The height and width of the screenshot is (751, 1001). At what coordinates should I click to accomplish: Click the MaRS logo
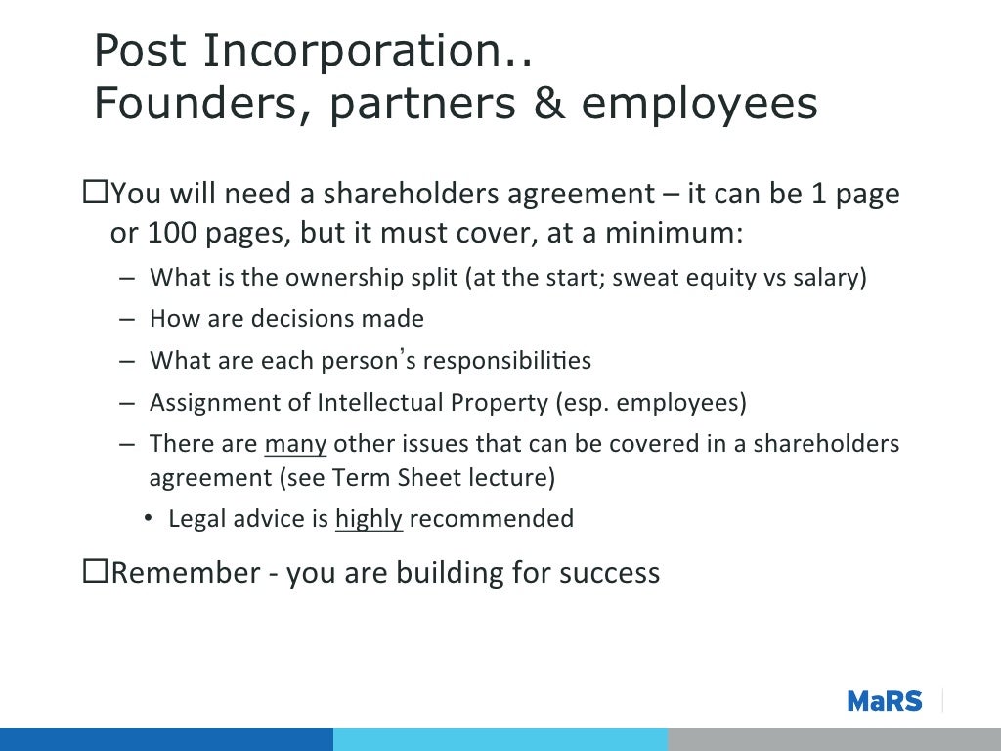coord(884,700)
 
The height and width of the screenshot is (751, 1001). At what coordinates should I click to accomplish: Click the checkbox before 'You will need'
coord(95,194)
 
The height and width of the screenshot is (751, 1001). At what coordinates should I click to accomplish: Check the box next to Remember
coord(95,572)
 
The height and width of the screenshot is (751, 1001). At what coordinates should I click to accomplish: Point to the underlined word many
coord(295,444)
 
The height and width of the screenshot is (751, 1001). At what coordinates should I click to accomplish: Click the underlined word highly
coord(369,518)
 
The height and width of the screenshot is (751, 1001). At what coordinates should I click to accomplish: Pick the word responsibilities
coord(505,361)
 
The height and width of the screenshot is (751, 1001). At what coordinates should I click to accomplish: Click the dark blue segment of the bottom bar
coord(166,738)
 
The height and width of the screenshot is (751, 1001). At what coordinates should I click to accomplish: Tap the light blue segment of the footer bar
coord(500,738)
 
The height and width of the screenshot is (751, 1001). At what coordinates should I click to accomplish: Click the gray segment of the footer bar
coord(834,738)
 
